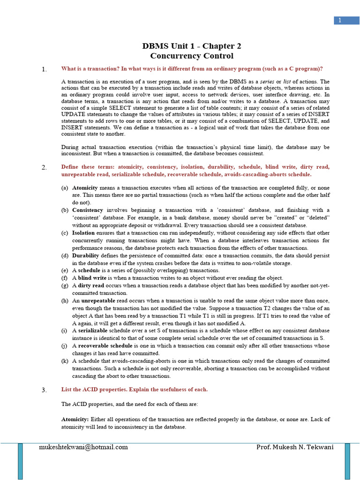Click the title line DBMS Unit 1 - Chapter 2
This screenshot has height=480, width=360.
click(x=192, y=46)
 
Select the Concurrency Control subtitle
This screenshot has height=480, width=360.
click(x=192, y=56)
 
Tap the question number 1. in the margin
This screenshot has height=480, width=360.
click(x=44, y=70)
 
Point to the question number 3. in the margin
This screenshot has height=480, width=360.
click(x=44, y=390)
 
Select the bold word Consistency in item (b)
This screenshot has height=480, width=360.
click(x=88, y=210)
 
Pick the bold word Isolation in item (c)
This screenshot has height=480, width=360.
click(x=83, y=232)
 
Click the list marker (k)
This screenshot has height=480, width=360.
click(x=65, y=361)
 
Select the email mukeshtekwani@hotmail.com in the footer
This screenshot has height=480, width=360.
click(x=83, y=447)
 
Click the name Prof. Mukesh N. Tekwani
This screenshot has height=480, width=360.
click(x=295, y=447)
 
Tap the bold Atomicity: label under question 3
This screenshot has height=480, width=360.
click(x=75, y=419)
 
